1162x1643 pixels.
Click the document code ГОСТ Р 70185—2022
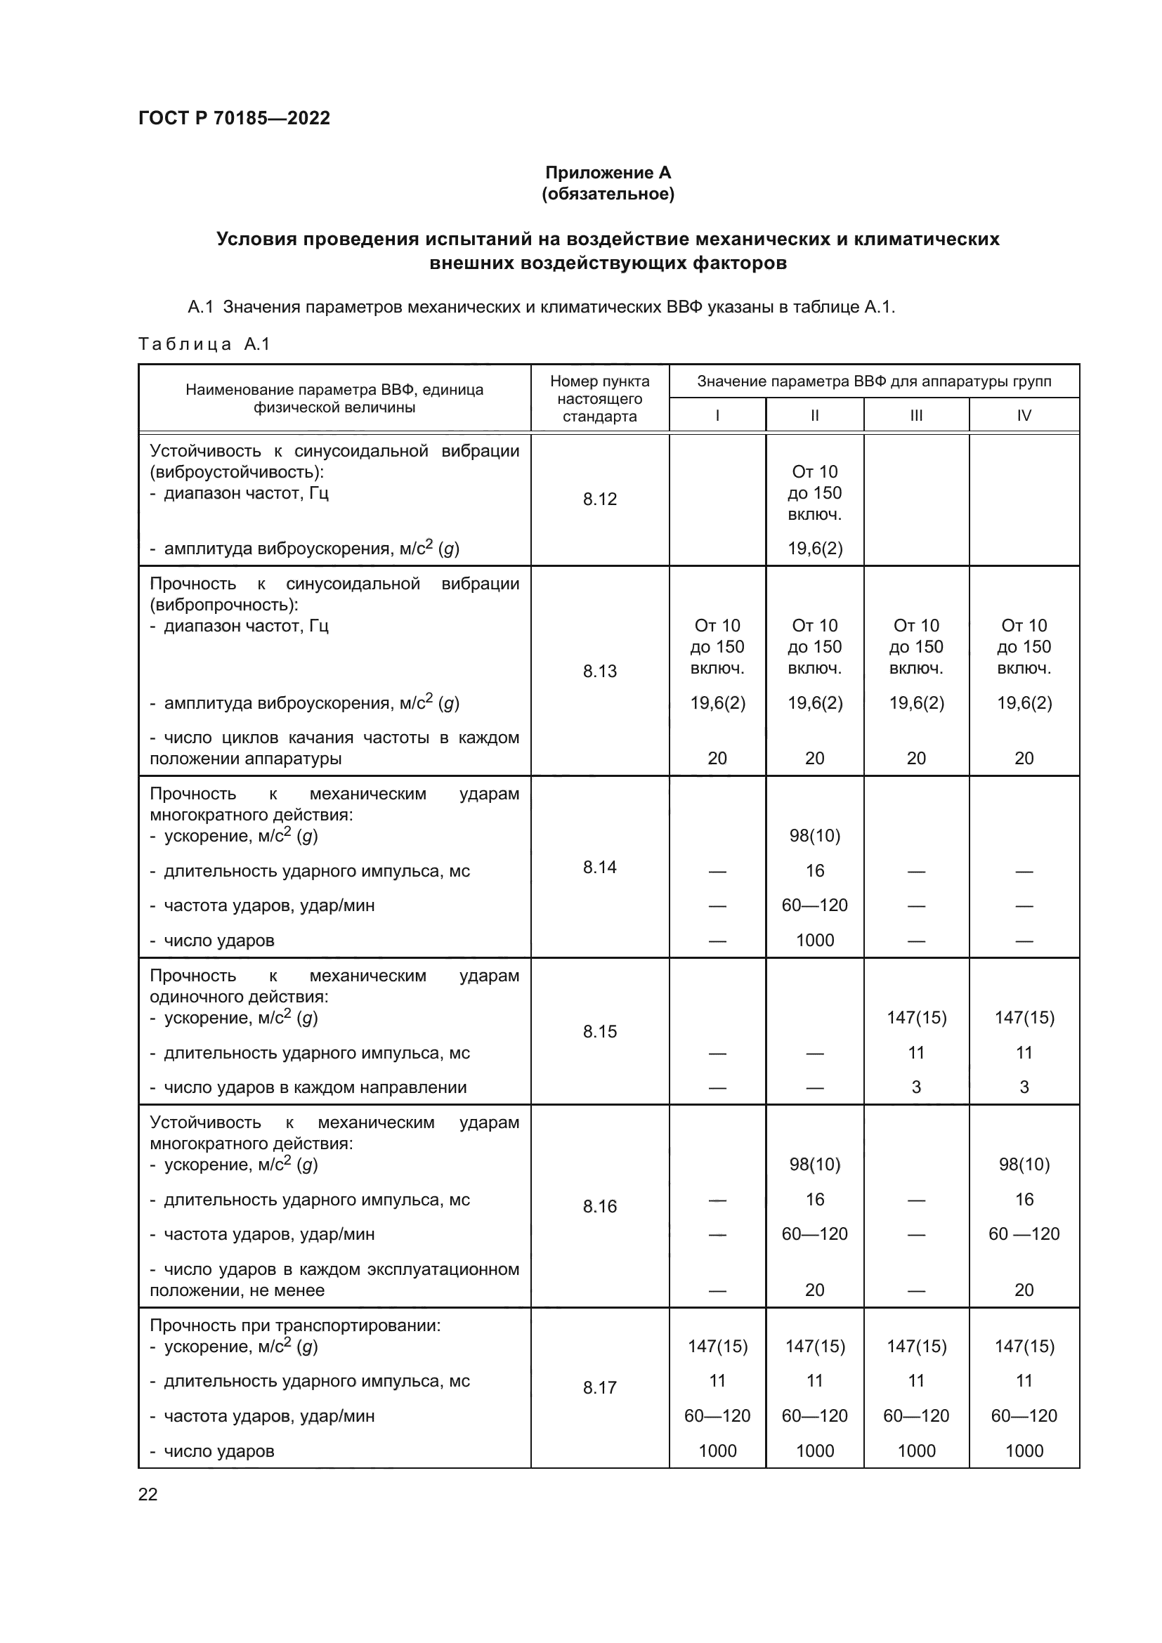coord(234,118)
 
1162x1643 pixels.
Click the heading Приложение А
coord(608,173)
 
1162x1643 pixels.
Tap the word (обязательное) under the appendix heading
coord(608,194)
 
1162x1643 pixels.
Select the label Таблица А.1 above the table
coord(204,344)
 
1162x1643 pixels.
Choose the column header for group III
coord(916,416)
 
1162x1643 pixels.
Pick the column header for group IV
coord(1024,416)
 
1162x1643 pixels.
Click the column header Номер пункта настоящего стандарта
coord(599,398)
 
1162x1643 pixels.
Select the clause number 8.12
coord(599,499)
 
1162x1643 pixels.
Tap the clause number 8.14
coord(599,868)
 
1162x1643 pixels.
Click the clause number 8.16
coord(599,1207)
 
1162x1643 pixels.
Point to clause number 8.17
coord(599,1387)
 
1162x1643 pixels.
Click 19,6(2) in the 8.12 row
coord(815,549)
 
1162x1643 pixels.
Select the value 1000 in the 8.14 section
coord(815,941)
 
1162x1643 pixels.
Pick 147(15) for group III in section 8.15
coord(916,1018)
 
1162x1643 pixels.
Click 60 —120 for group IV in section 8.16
coord(1024,1233)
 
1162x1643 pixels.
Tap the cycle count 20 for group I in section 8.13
coord(717,759)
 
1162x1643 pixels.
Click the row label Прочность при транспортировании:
coord(295,1325)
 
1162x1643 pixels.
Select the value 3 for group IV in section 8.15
coord(1024,1087)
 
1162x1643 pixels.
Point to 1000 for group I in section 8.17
coord(717,1451)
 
